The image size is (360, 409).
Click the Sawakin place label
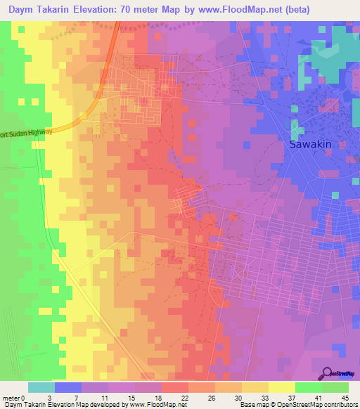(310, 144)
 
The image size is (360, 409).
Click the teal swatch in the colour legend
(41, 387)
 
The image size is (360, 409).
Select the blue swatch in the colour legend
(68, 387)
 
